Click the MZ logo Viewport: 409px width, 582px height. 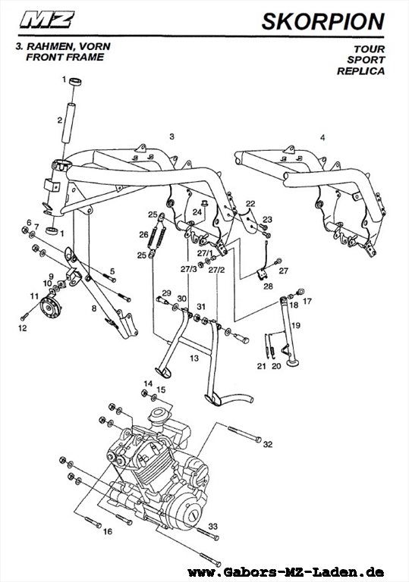click(x=47, y=20)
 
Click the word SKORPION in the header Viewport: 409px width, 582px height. click(x=322, y=21)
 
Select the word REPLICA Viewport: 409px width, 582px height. click(x=360, y=71)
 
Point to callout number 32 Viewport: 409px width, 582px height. click(x=268, y=444)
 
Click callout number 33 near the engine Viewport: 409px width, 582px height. click(x=212, y=526)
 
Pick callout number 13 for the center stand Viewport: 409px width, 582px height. click(x=194, y=358)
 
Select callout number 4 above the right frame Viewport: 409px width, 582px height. click(x=322, y=138)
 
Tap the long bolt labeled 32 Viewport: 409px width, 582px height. click(x=244, y=434)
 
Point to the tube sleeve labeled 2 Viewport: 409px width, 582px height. click(x=68, y=123)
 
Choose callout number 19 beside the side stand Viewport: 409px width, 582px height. click(x=296, y=326)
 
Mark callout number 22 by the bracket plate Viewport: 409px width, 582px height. click(x=250, y=203)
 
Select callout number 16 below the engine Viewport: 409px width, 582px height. click(x=108, y=531)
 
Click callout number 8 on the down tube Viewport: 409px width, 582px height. click(x=93, y=308)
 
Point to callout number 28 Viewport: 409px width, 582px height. click(x=268, y=286)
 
